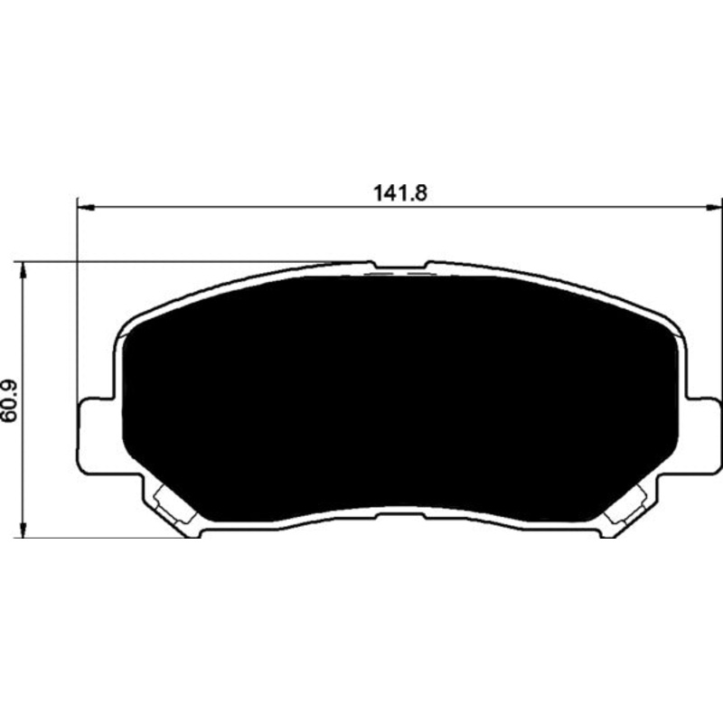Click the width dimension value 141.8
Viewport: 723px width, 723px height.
(x=399, y=193)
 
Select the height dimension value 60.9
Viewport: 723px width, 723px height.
(x=10, y=400)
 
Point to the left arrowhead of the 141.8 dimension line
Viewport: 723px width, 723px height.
(x=86, y=209)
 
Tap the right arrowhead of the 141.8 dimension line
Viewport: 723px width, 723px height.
(x=714, y=209)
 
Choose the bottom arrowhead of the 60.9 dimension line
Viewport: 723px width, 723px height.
(x=22, y=528)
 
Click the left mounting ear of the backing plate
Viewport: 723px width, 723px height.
(x=96, y=435)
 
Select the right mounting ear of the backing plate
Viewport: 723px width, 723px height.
(x=703, y=435)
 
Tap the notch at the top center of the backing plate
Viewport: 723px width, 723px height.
(x=399, y=265)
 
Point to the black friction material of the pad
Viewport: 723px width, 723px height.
(x=399, y=399)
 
